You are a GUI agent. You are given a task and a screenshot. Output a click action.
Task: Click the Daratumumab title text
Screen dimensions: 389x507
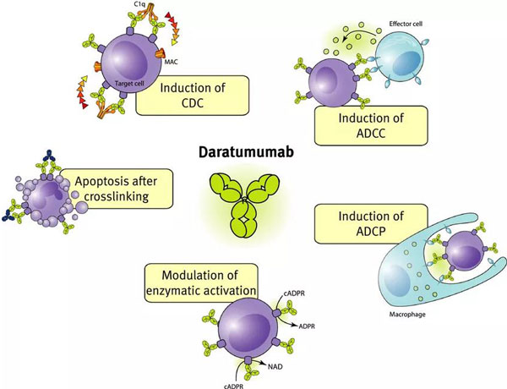pyautogui.click(x=253, y=156)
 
